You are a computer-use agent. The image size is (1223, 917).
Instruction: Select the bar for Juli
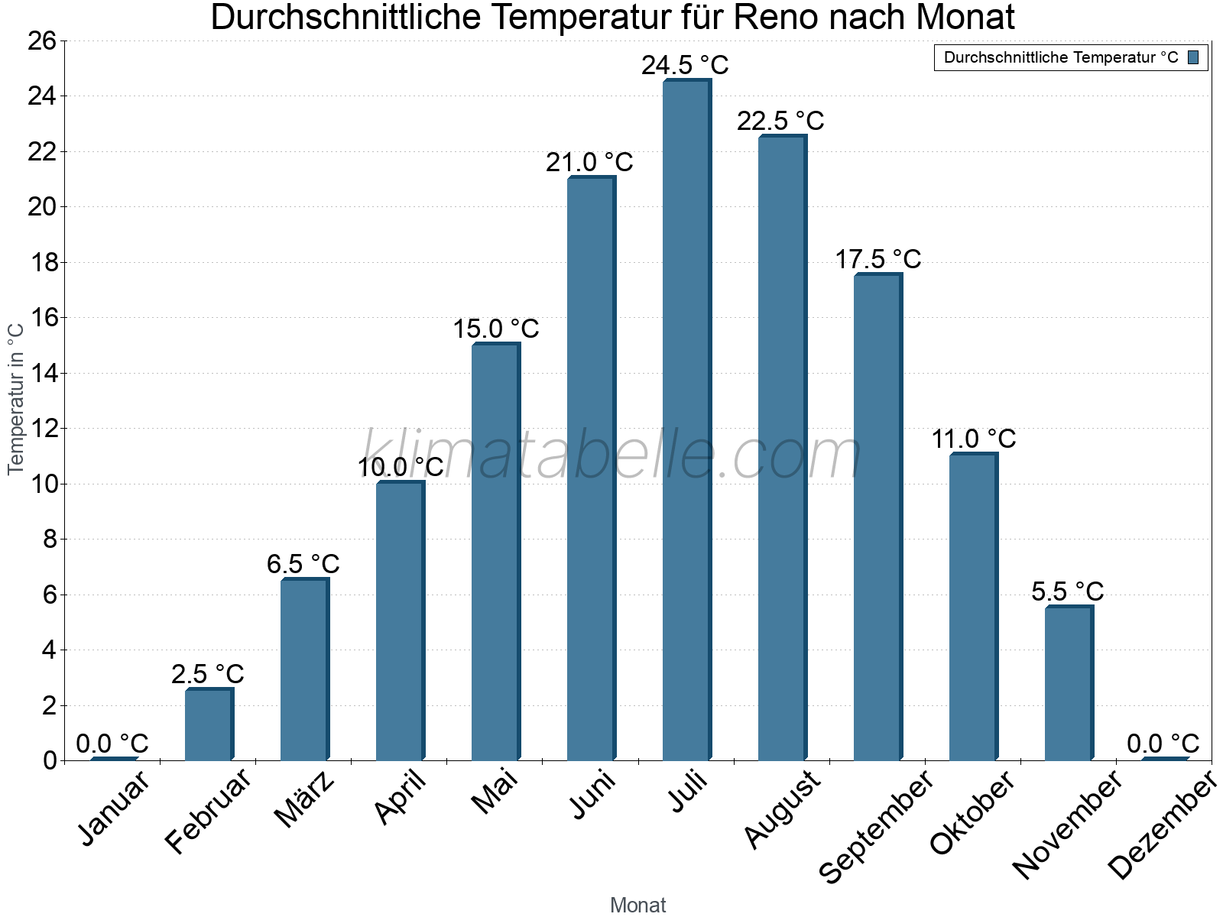[x=686, y=420]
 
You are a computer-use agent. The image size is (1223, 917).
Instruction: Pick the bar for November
[x=1069, y=683]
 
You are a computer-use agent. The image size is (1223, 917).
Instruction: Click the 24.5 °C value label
[x=685, y=66]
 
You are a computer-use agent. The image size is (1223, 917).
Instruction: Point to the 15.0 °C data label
[x=495, y=329]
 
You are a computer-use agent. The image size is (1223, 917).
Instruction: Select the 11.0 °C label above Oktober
[x=973, y=439]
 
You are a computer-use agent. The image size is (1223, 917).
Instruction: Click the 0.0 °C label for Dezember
[x=1163, y=744]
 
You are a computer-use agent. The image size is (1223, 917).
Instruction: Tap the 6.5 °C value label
[x=303, y=565]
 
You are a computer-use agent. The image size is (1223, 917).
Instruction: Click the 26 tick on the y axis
[x=42, y=41]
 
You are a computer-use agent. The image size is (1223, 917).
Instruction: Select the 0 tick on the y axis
[x=50, y=760]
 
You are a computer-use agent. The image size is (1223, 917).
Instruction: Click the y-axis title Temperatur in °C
[x=16, y=399]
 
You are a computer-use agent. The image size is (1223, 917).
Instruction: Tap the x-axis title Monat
[x=637, y=905]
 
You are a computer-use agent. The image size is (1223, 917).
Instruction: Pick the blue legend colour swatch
[x=1193, y=57]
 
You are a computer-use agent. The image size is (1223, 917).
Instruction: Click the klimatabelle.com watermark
[x=611, y=456]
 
